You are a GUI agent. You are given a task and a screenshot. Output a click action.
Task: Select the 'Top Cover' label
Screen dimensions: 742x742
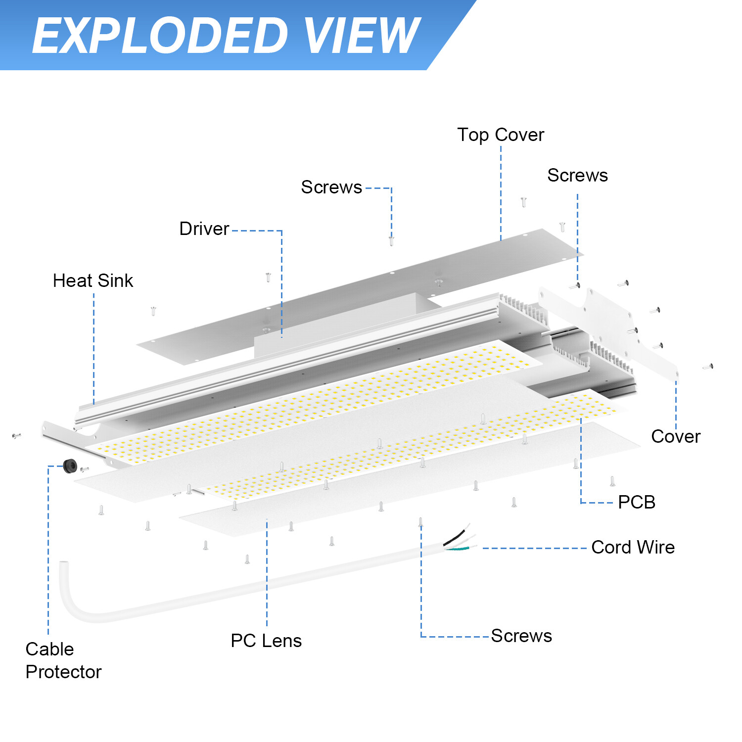click(500, 135)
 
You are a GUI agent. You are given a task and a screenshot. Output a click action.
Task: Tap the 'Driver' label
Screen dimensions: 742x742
click(204, 229)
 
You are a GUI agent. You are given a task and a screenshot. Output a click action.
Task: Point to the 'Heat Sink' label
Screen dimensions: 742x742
click(93, 281)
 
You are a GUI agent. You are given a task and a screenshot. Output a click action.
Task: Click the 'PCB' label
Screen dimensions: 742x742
click(636, 502)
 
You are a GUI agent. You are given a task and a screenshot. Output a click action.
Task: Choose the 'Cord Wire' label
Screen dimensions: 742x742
click(633, 548)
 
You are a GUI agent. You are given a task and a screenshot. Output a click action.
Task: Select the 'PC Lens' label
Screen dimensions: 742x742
click(266, 641)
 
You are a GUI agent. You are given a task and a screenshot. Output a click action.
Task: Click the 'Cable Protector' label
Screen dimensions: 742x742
click(63, 660)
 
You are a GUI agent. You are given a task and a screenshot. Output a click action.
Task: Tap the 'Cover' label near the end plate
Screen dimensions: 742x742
click(675, 437)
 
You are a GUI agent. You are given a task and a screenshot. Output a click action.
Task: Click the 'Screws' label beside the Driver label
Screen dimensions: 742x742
click(331, 187)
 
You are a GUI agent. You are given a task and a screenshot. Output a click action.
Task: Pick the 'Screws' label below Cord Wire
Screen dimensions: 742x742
click(521, 636)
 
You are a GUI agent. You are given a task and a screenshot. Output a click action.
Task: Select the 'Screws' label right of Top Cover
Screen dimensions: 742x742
click(577, 176)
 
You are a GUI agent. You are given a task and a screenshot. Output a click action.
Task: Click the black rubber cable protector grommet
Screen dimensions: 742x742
click(70, 465)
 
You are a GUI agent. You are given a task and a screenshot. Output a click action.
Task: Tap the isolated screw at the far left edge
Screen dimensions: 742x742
click(16, 436)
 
